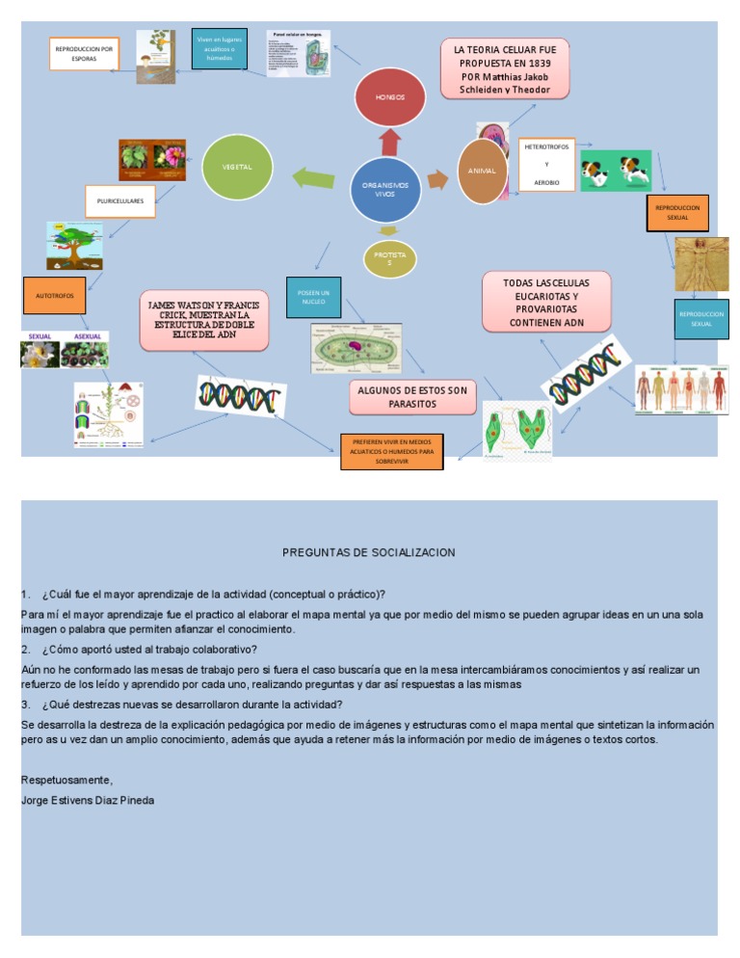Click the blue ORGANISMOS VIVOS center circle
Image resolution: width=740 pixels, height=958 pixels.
click(385, 188)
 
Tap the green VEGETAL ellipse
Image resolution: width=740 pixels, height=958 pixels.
click(237, 166)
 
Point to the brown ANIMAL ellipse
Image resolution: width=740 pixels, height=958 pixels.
click(482, 171)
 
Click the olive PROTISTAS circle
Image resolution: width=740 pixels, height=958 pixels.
click(389, 257)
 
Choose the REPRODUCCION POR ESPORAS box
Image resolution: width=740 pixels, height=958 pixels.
click(84, 53)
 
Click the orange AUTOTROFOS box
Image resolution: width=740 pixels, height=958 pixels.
click(54, 296)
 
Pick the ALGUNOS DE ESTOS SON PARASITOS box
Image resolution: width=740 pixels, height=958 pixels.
click(411, 396)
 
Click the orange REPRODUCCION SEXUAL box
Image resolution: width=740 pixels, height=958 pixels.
click(677, 212)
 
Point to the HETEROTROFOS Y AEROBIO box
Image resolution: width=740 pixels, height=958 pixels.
click(547, 164)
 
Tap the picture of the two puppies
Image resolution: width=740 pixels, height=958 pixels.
click(617, 172)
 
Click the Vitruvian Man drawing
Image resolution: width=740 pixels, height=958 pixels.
click(700, 263)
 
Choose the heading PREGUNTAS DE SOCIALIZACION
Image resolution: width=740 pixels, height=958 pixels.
click(369, 552)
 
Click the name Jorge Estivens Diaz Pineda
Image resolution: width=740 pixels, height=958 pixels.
click(88, 800)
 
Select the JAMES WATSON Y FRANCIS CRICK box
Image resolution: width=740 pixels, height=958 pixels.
click(203, 318)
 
